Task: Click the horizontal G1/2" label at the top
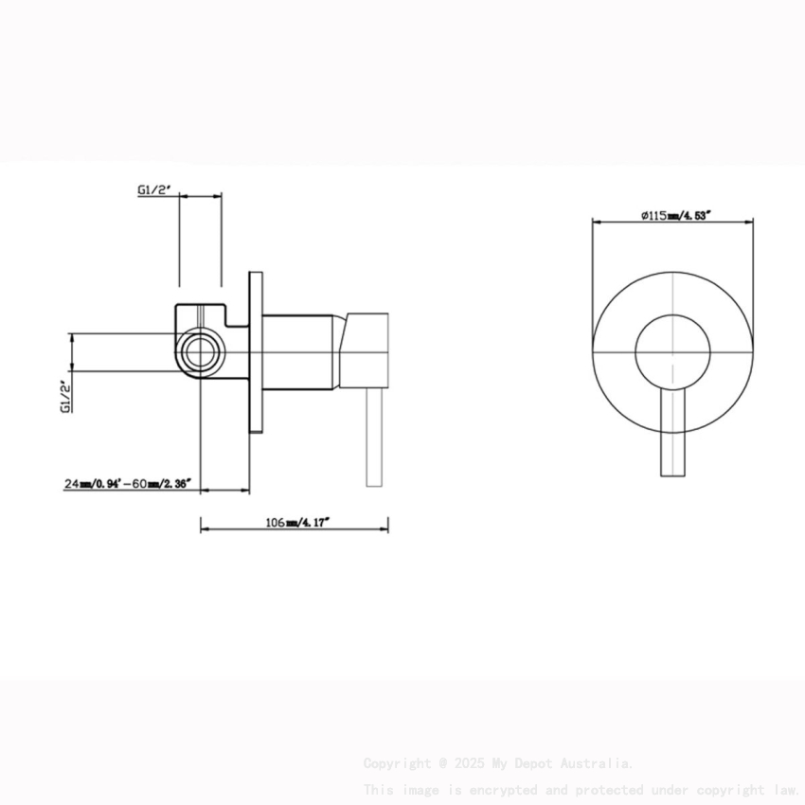[x=152, y=189]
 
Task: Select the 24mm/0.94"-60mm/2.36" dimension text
[x=128, y=484]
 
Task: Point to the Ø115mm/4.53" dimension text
[x=675, y=216]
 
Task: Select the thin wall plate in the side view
[x=255, y=350]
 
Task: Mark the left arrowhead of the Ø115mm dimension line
[x=597, y=224]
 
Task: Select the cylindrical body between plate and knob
[x=298, y=350]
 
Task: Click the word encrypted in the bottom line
[x=497, y=789]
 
